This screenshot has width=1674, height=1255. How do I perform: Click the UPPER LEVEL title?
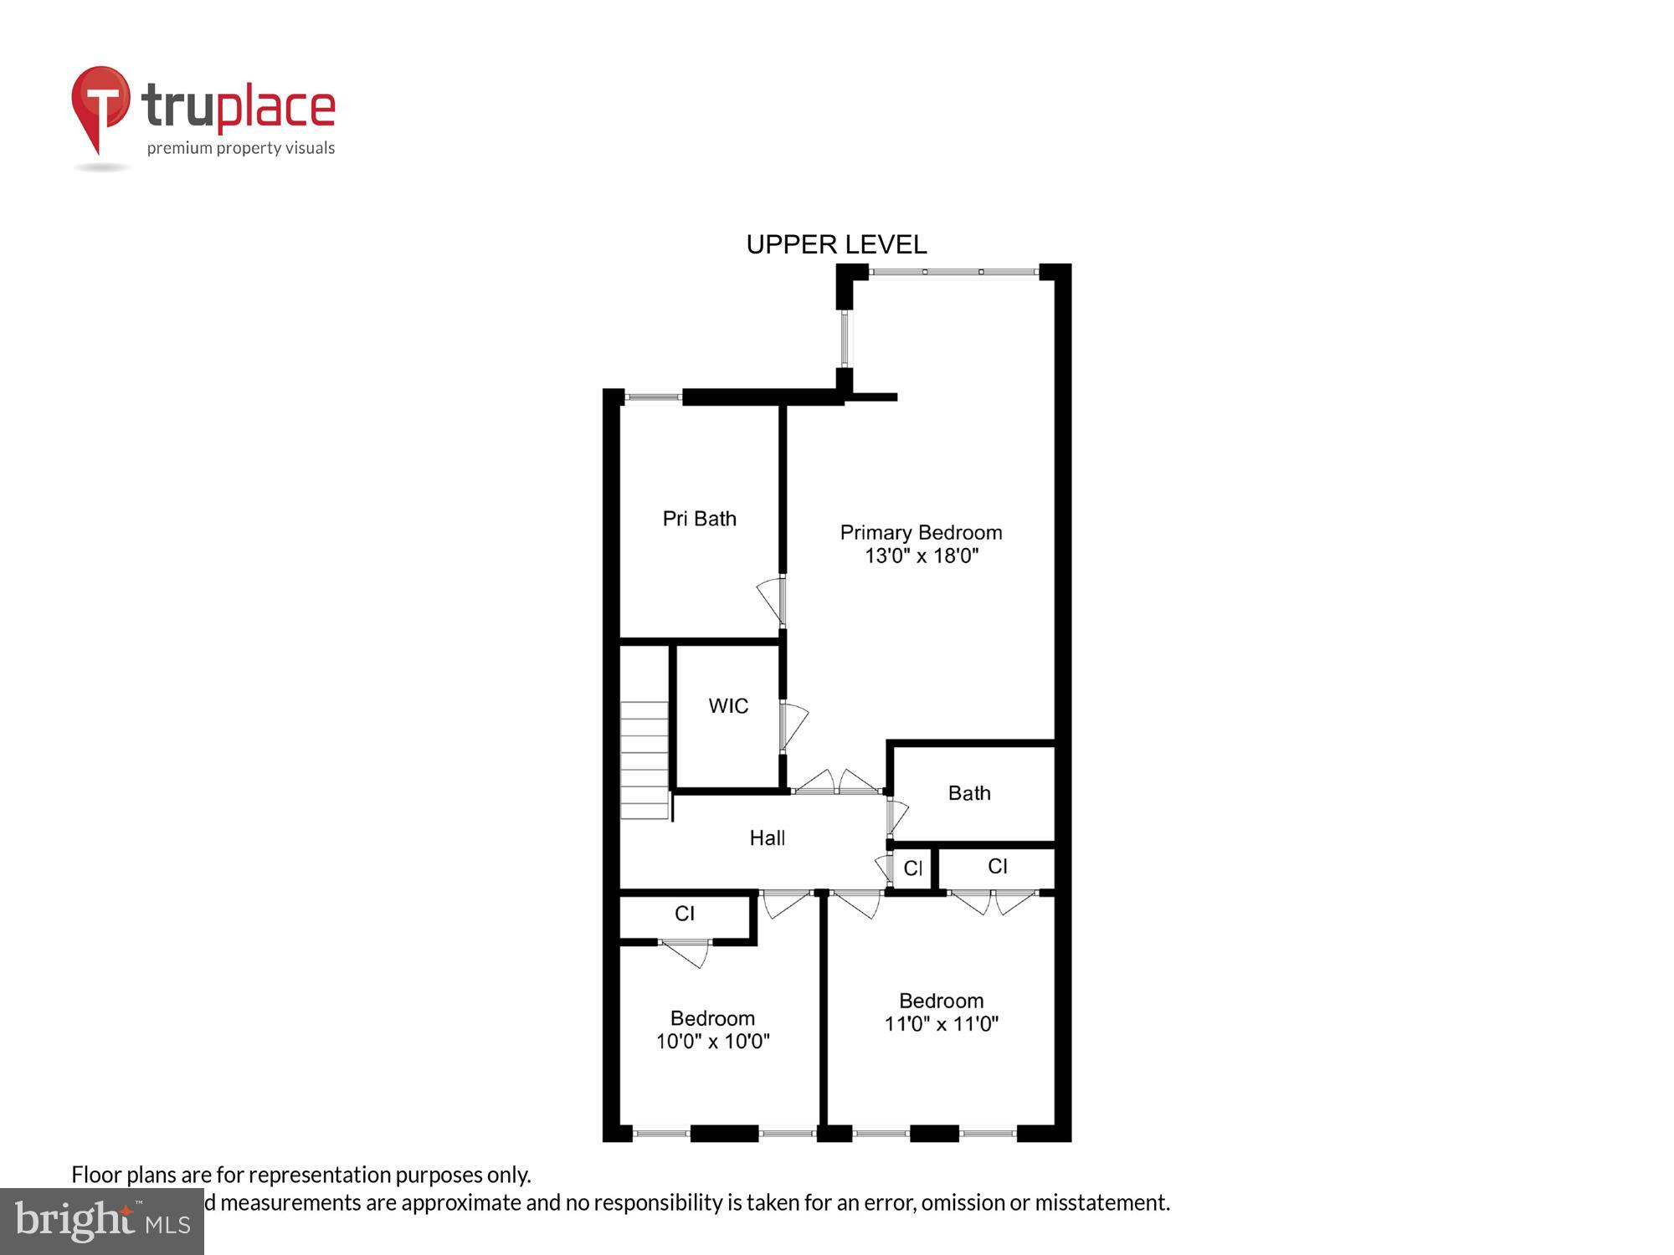pyautogui.click(x=836, y=244)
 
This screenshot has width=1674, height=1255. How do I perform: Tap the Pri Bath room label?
pyautogui.click(x=699, y=519)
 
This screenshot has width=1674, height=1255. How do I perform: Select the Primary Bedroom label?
pyautogui.click(x=921, y=532)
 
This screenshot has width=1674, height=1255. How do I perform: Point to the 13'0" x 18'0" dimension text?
pyautogui.click(x=921, y=556)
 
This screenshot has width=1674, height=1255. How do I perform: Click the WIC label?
pyautogui.click(x=728, y=706)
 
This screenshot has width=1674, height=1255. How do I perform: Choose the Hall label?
pyautogui.click(x=767, y=838)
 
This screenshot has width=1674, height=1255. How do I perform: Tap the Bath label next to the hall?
pyautogui.click(x=969, y=793)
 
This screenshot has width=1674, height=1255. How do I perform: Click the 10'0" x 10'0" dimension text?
pyautogui.click(x=712, y=1042)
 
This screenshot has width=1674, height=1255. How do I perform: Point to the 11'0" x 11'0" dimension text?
pyautogui.click(x=941, y=1024)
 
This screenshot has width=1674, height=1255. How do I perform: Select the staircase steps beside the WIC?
pyautogui.click(x=644, y=760)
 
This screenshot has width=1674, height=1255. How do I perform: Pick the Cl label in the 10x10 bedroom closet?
pyautogui.click(x=685, y=914)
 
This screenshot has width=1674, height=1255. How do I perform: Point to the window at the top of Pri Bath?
pyautogui.click(x=654, y=397)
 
